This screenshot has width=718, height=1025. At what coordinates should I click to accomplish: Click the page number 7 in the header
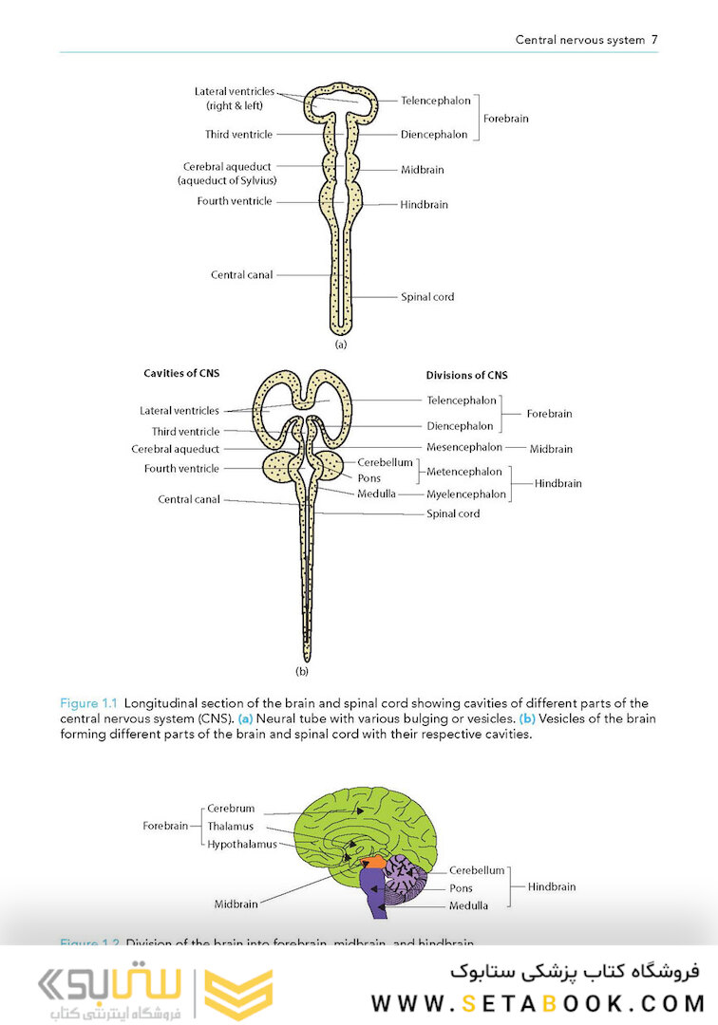click(654, 40)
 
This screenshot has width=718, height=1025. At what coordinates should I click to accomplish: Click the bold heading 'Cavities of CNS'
click(181, 373)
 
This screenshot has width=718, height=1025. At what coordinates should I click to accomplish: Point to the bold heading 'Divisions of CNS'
click(466, 375)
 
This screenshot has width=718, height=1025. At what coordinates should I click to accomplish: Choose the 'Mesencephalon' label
click(463, 447)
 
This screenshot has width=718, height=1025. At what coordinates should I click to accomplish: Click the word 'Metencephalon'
click(464, 472)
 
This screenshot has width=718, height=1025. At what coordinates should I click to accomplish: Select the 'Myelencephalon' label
click(466, 494)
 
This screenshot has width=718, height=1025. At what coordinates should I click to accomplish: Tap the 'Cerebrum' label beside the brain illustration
click(231, 809)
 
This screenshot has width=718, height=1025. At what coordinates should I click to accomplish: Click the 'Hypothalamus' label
click(242, 844)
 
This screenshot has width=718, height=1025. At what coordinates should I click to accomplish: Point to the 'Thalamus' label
click(231, 827)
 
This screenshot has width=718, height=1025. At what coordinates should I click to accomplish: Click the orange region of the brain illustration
click(372, 862)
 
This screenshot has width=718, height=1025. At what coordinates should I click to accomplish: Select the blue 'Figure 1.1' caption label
click(87, 703)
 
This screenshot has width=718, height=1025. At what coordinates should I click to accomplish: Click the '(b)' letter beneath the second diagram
click(302, 671)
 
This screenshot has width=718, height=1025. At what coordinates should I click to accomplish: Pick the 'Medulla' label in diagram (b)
click(376, 494)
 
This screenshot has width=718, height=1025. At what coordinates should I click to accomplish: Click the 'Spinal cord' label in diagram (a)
click(427, 297)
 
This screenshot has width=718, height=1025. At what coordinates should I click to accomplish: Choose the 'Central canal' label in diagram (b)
click(188, 499)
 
